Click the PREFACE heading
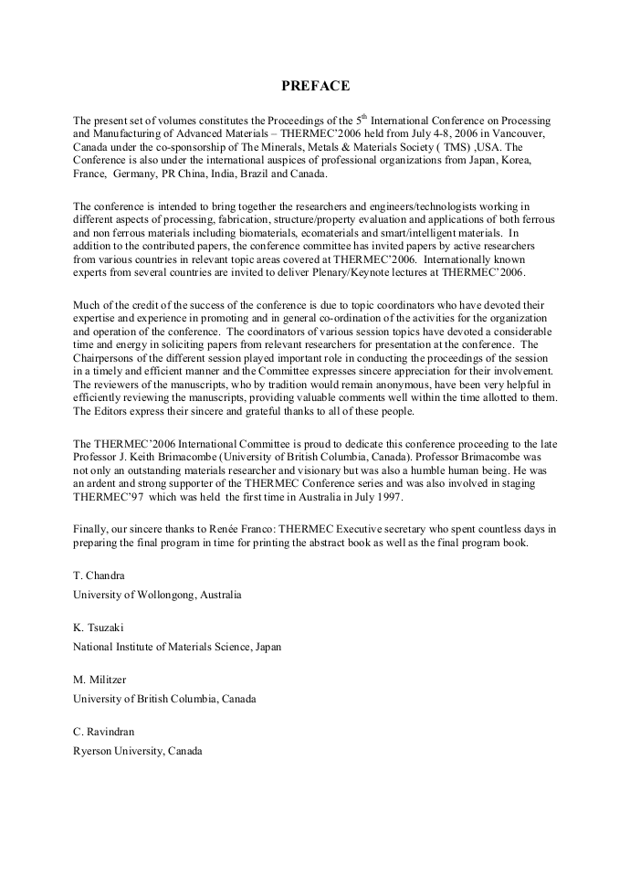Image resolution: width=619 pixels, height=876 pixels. pos(314,86)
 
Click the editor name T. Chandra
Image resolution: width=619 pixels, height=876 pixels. pos(100,576)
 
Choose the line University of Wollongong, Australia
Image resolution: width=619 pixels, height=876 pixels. pos(157,595)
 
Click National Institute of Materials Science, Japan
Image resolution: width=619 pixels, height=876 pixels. pos(177,647)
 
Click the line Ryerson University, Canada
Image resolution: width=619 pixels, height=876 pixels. pos(138,751)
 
